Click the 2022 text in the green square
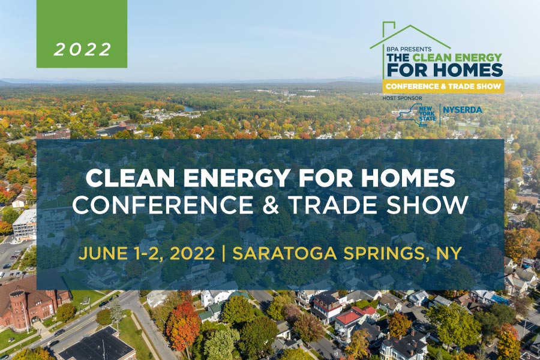pos(83,49)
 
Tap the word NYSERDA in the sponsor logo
pos(462,110)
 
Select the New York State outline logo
pos(416,115)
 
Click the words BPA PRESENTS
pos(409,49)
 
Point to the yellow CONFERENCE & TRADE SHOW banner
pos(443,86)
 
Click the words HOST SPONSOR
pos(402,98)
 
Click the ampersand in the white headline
pos(271,205)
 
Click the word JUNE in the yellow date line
pos(98,254)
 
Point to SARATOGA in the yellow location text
pos(284,254)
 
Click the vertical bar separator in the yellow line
pos(224,254)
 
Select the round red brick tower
pos(19,308)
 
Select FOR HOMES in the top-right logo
pos(445,70)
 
